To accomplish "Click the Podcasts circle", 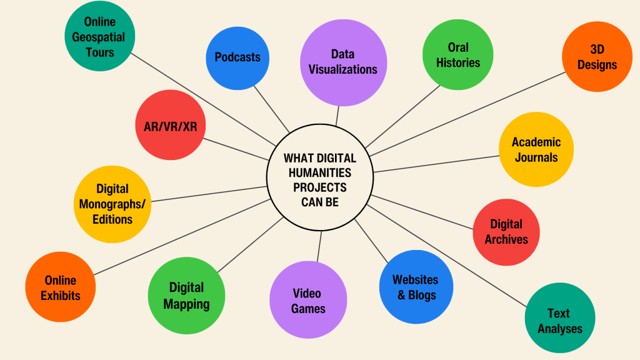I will pos(237,57).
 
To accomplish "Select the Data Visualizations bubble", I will pos(343,61).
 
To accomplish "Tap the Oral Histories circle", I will pos(458,55).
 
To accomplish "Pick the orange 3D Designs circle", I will pos(597,57).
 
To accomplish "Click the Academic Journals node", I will pos(536,149).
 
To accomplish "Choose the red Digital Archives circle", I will pos(506,231).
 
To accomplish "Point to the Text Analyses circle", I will pos(559,320).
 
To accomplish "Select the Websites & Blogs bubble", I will pos(416,287).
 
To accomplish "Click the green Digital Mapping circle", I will pos(186,295).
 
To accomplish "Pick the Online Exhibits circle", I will pos(61,287).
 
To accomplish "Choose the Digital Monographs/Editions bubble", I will pos(112,204).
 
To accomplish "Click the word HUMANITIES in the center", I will pos(319,172).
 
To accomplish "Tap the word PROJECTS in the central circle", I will pos(319,187).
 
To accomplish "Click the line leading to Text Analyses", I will pos(450,257).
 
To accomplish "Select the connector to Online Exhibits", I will pos(181,237).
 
